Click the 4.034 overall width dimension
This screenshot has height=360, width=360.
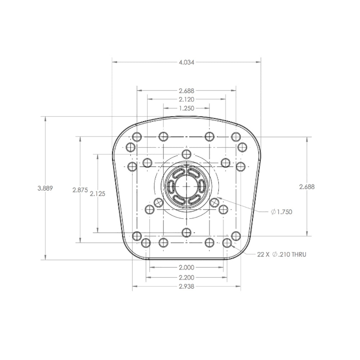pyautogui.click(x=186, y=62)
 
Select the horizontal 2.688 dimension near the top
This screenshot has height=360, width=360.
pyautogui.click(x=186, y=91)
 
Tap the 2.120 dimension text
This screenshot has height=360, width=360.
pyautogui.click(x=186, y=99)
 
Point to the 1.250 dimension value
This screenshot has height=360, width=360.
pyautogui.click(x=186, y=108)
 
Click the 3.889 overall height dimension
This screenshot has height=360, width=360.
pyautogui.click(x=45, y=188)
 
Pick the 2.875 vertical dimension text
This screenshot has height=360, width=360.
pyautogui.click(x=80, y=190)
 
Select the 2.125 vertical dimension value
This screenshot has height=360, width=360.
pyautogui.click(x=98, y=194)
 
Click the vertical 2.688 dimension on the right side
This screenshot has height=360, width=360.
pyautogui.click(x=307, y=186)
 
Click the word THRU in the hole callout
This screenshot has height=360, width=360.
pyautogui.click(x=299, y=255)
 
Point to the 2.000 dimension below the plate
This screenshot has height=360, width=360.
pyautogui.click(x=186, y=267)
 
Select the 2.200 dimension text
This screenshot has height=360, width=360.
pyautogui.click(x=186, y=278)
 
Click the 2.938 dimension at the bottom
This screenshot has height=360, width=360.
pyautogui.click(x=186, y=287)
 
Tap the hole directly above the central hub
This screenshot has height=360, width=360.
pyautogui.click(x=186, y=154)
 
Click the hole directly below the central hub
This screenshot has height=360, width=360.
pyautogui.click(x=186, y=232)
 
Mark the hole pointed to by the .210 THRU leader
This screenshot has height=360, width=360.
pyautogui.click(x=227, y=243)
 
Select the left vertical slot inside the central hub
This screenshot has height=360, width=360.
pyautogui.click(x=171, y=186)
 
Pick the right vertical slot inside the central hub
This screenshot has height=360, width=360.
pyautogui.click(x=201, y=186)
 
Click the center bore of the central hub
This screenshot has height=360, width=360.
pyautogui.click(x=186, y=186)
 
